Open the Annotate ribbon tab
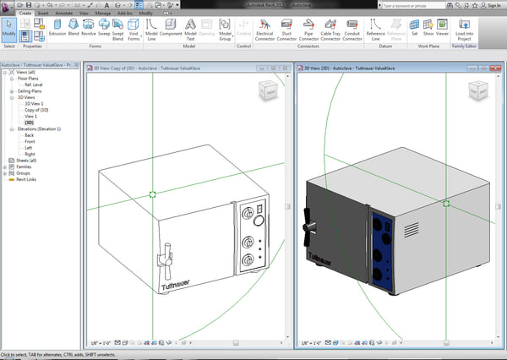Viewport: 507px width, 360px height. [63, 14]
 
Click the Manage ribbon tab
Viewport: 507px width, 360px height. [103, 14]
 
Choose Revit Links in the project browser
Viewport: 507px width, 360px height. [26, 179]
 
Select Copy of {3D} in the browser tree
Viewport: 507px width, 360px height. [36, 110]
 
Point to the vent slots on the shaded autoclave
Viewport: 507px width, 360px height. [410, 230]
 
